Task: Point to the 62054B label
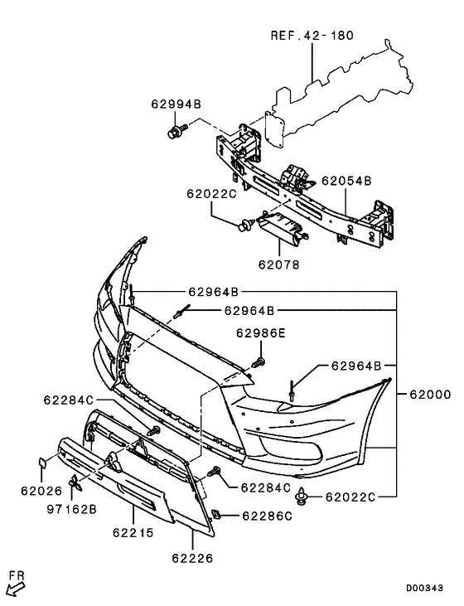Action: (346, 180)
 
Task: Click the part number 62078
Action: (278, 266)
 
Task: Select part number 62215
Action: (134, 536)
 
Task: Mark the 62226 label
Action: (193, 558)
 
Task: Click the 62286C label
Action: (267, 516)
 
